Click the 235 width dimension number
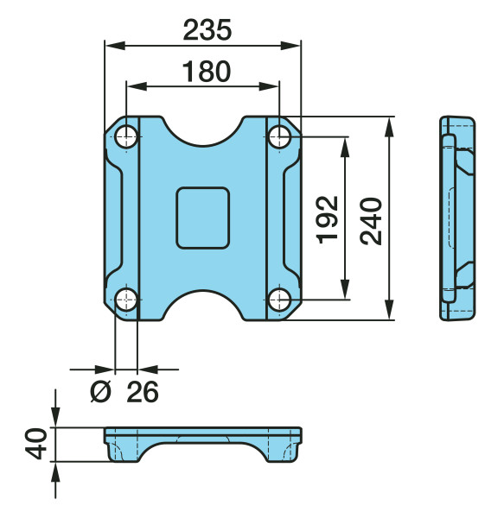click(x=207, y=30)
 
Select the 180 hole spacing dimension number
click(x=207, y=72)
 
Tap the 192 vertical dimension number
click(x=328, y=219)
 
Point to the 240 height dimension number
click(x=371, y=221)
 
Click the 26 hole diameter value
click(x=143, y=392)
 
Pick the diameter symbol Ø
click(x=100, y=392)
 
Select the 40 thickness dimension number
click(x=36, y=444)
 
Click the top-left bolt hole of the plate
click(x=126, y=136)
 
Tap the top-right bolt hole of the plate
click(x=279, y=136)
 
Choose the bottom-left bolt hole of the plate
click(x=126, y=300)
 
